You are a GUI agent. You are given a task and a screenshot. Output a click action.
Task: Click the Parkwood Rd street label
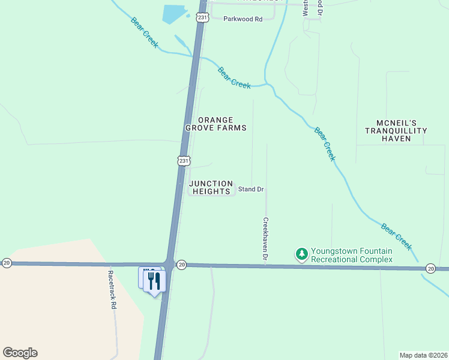pos(243,19)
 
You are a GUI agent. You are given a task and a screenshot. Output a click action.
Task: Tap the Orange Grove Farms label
pos(215,124)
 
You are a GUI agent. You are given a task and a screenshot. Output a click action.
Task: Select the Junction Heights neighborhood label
pos(211,187)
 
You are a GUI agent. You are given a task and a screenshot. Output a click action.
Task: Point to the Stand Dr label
pos(251,190)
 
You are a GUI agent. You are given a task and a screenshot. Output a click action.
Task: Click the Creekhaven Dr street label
pos(265,238)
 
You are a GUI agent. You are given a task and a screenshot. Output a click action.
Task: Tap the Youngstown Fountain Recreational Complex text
pos(351,255)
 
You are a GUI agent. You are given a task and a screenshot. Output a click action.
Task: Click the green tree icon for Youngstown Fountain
pos(302,255)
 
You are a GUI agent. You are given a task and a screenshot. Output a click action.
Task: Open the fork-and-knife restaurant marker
pos(155,280)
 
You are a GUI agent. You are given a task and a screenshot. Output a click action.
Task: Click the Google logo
pos(20,353)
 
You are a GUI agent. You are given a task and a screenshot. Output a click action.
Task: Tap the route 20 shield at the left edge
pos(7,263)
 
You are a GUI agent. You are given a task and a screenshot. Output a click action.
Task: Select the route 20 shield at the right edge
pos(430,268)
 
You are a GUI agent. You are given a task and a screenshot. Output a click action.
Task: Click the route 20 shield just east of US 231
pos(182,264)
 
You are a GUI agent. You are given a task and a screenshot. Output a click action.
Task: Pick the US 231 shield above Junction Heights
pos(184,161)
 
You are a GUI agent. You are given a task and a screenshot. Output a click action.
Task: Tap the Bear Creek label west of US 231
pos(144,32)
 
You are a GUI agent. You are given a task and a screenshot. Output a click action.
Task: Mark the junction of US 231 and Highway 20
pos(170,264)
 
